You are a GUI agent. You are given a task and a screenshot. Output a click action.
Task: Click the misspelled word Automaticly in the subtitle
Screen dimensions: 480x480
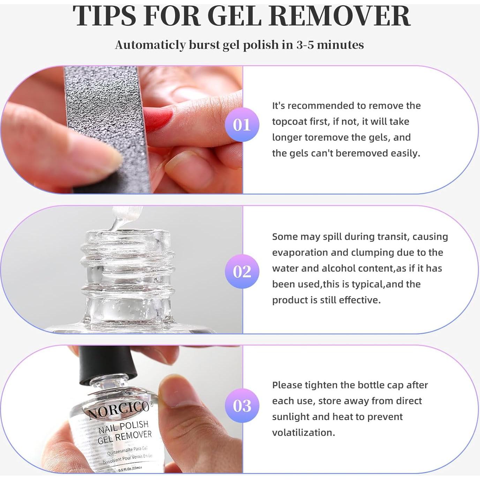(x=150, y=45)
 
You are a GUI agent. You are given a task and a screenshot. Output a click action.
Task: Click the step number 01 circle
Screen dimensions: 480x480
(x=242, y=125)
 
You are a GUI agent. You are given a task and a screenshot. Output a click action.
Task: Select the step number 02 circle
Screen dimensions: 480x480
(x=242, y=271)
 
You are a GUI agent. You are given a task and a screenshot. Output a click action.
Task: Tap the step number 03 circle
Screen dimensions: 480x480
(x=242, y=406)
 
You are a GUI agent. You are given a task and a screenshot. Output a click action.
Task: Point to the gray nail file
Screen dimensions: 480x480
(x=105, y=129)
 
